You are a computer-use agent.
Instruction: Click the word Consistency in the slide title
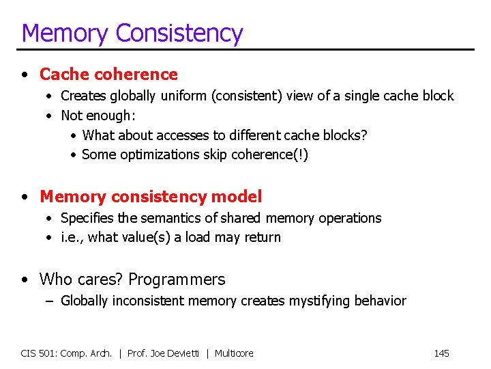pyautogui.click(x=179, y=33)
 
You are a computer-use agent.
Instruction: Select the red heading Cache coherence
pyautogui.click(x=108, y=74)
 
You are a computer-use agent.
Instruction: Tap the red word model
pyautogui.click(x=237, y=197)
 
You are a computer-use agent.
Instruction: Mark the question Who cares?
pyautogui.click(x=81, y=279)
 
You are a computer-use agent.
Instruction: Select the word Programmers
pyautogui.click(x=177, y=279)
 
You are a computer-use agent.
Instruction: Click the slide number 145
pyautogui.click(x=441, y=353)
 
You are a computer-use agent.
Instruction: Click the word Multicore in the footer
pyautogui.click(x=234, y=353)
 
